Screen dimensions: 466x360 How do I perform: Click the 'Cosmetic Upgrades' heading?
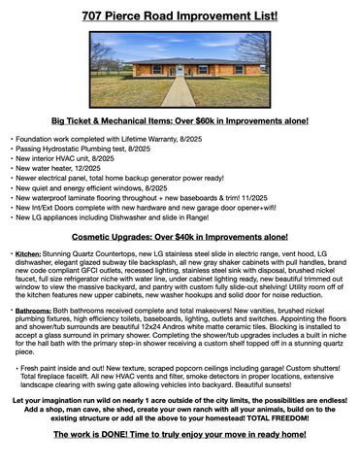180,236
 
